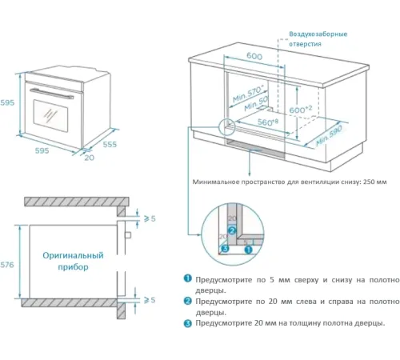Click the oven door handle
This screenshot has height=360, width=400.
[x=51, y=94]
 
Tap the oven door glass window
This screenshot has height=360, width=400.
[x=50, y=116]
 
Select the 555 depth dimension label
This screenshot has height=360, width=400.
[x=110, y=144]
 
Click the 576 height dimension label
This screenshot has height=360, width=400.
[x=7, y=265]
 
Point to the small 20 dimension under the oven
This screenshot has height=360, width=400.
[x=90, y=158]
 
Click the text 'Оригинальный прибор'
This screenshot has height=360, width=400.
[x=73, y=261]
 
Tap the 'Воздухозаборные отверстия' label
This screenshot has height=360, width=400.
[x=318, y=39]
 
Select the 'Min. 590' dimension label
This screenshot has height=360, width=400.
[x=329, y=136]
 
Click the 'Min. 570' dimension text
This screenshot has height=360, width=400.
[x=248, y=94]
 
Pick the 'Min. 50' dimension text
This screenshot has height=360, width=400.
[x=256, y=104]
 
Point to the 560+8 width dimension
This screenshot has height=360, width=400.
[x=268, y=122]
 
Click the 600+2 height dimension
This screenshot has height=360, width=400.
[x=301, y=109]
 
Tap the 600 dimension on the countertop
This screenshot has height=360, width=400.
[x=254, y=56]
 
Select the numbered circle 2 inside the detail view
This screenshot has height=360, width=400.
[x=232, y=230]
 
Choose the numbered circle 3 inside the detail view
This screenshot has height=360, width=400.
[x=226, y=249]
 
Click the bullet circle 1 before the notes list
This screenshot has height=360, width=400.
[x=188, y=278]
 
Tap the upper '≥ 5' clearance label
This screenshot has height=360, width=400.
[x=150, y=218]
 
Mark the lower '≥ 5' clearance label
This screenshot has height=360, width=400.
[x=150, y=300]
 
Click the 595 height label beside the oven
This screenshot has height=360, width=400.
[x=7, y=102]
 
